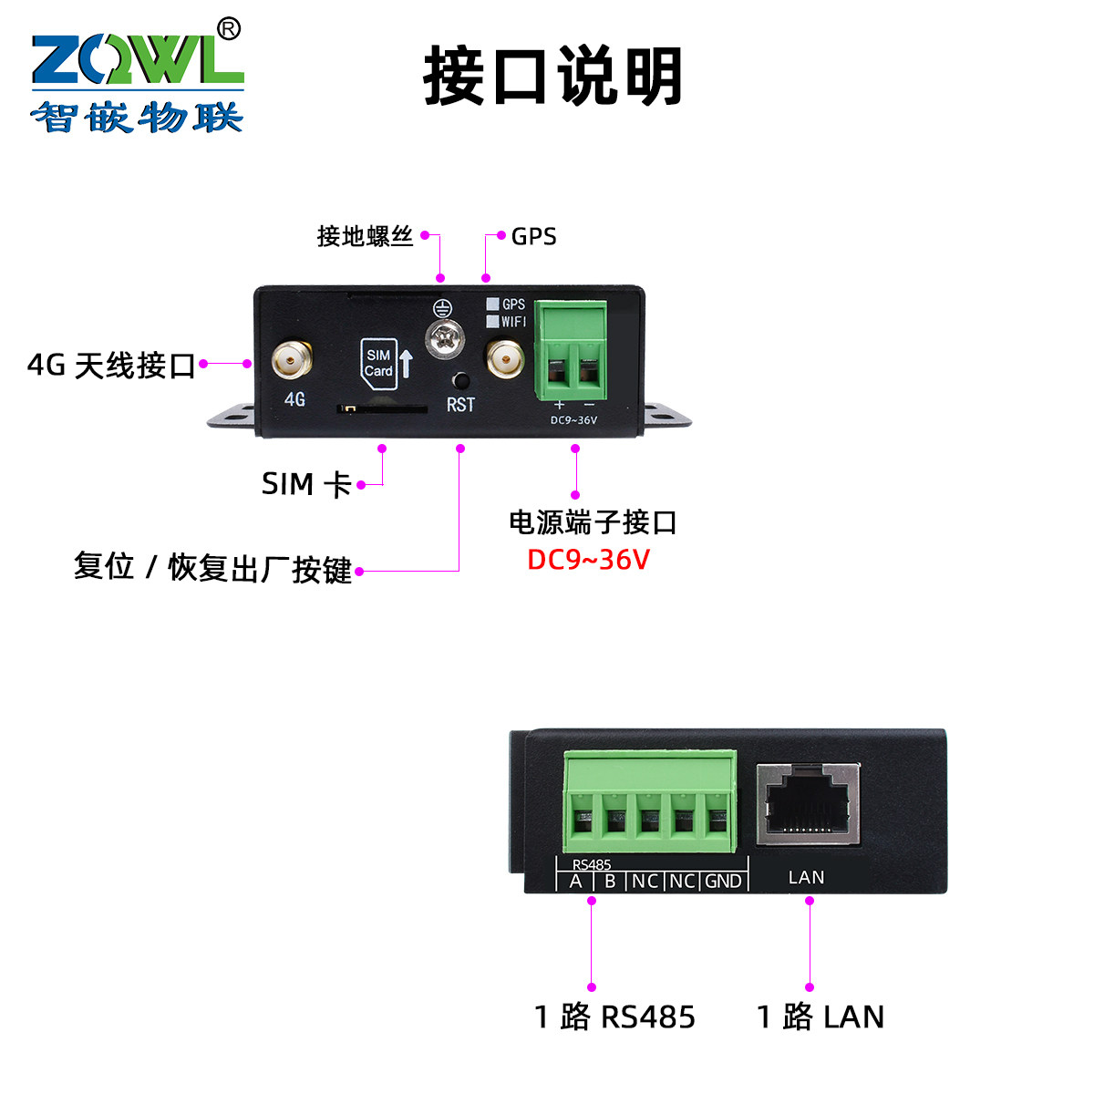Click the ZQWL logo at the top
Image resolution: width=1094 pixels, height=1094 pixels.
(137, 82)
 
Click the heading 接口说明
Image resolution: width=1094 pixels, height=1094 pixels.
(552, 77)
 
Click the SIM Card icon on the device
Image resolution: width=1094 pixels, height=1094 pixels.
(379, 363)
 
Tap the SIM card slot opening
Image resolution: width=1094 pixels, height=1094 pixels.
(382, 409)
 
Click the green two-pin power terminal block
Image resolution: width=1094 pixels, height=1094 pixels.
(571, 351)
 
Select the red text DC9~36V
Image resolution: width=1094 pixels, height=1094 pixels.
(588, 559)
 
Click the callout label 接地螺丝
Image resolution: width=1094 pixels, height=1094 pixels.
(365, 236)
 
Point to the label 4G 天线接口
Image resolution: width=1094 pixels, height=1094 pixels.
(111, 366)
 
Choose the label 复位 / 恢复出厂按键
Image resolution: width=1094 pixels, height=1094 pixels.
(212, 568)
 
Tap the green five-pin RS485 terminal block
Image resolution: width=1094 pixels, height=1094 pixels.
(650, 802)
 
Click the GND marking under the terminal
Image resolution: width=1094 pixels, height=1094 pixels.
(723, 882)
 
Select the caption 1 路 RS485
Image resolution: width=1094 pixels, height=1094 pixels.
(614, 1017)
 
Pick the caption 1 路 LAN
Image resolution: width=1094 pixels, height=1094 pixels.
(820, 1017)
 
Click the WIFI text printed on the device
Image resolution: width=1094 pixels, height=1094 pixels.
(513, 322)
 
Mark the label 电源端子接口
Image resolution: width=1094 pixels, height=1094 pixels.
(593, 522)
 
